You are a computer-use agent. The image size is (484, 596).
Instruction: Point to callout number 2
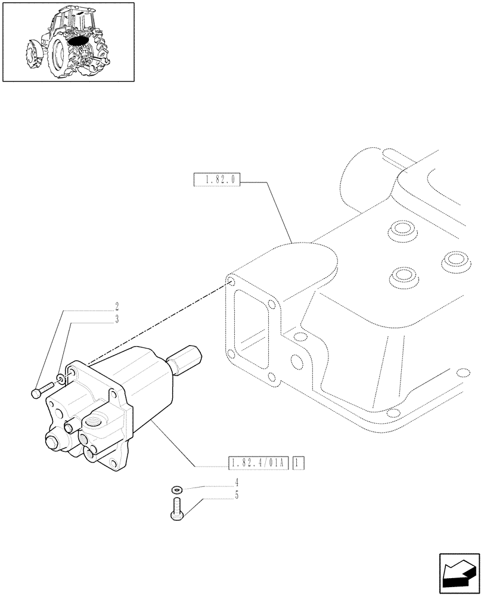point(117,308)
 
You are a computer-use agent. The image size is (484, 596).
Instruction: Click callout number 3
point(117,319)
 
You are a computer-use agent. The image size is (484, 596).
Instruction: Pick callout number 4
point(237,481)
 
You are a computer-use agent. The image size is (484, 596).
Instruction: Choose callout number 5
point(237,494)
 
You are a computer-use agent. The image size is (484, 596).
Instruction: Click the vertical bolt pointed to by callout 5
point(177,510)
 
